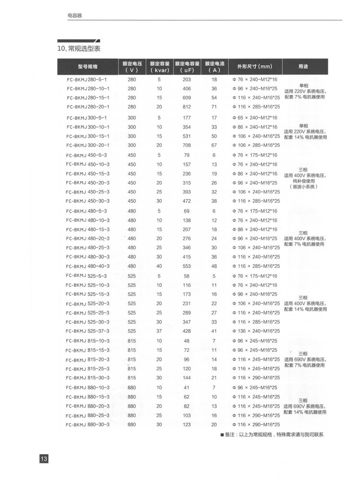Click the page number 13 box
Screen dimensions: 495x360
[43, 459]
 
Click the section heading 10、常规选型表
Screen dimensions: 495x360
[78, 48]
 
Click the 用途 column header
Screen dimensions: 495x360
[304, 66]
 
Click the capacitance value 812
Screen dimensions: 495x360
[187, 107]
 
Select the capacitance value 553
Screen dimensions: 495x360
[187, 266]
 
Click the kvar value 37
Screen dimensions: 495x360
[159, 331]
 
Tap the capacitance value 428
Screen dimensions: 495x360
[187, 331]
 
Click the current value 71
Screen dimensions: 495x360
[214, 107]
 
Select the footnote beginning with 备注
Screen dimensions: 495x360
[272, 435]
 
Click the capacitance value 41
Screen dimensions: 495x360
[187, 387]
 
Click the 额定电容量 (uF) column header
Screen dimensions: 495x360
[187, 66]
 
